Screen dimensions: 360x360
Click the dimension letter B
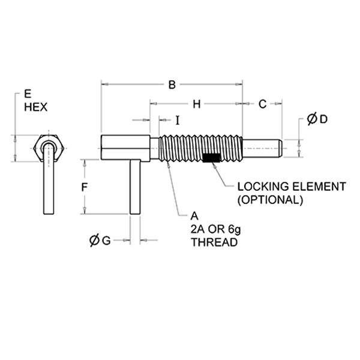(171, 86)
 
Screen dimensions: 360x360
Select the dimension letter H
(196, 104)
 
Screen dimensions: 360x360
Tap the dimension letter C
(262, 104)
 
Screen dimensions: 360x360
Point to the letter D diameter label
(323, 119)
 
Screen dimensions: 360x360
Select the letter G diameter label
(106, 241)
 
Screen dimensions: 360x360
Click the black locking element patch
(211, 158)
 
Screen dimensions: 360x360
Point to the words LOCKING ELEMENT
(283, 187)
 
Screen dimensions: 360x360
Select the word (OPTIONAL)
(269, 199)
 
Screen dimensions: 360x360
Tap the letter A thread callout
(194, 215)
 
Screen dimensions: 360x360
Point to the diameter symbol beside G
(94, 241)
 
